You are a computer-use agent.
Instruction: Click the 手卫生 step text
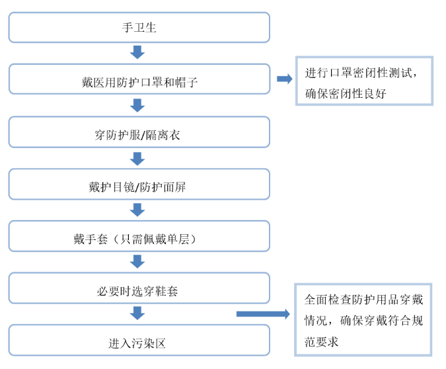pos(139,28)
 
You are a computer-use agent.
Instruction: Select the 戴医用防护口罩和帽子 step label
pos(139,83)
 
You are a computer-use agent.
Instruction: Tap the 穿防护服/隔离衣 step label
pos(137,135)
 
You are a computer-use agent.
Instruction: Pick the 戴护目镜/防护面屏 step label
pos(137,187)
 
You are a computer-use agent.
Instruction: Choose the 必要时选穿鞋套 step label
pos(137,291)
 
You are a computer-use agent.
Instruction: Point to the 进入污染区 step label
pos(137,343)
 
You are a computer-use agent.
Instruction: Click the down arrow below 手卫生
pos(137,52)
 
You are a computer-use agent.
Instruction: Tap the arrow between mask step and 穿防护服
pos(137,105)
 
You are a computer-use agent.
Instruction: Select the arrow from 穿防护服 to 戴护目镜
pos(137,159)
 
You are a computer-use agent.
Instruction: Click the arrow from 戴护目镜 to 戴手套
pos(137,210)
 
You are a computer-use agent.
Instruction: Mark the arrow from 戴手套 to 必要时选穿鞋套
pos(137,261)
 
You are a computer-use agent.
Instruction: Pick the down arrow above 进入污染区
pos(137,313)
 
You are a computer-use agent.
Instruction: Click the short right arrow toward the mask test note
pos(285,79)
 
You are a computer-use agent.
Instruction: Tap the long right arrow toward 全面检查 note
pos(263,313)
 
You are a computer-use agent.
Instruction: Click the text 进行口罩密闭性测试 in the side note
pos(358,73)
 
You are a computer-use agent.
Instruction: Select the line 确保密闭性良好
pos(346,94)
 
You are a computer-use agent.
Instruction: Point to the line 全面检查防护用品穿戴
pos(364,300)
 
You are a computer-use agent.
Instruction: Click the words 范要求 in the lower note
pos(321,342)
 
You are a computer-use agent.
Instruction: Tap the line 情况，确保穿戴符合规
pos(364,321)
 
